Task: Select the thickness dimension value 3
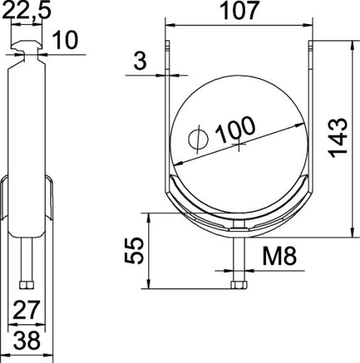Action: (140, 61)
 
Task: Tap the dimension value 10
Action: (66, 40)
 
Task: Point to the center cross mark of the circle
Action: (240, 146)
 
